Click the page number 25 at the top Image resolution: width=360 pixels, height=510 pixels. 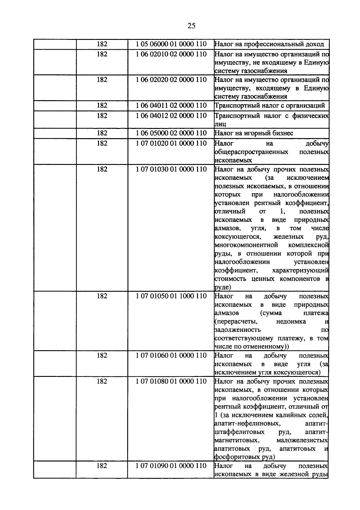(191, 25)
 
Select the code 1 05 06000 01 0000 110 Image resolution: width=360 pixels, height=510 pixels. (171, 44)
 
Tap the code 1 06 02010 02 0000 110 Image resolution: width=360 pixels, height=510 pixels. (171, 54)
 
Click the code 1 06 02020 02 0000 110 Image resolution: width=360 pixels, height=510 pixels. (171, 80)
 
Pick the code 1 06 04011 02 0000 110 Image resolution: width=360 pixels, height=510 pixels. (171, 106)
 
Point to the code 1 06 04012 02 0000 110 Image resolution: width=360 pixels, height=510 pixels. (171, 116)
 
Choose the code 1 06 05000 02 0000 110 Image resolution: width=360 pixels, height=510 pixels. (171, 133)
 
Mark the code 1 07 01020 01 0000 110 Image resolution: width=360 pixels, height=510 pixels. (171, 143)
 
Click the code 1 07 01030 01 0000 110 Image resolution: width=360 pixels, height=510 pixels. (171, 169)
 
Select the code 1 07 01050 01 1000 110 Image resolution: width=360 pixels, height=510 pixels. (171, 296)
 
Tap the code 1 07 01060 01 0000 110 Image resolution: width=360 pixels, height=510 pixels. (171, 356)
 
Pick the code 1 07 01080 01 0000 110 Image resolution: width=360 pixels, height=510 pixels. (171, 381)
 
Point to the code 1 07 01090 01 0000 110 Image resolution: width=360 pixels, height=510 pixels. (171, 466)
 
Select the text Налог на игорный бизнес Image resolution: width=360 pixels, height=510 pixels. (254, 133)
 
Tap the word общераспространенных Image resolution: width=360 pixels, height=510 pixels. (251, 152)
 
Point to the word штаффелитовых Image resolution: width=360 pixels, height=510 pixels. (239, 432)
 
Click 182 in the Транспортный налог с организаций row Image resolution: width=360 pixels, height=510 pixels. (102, 106)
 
